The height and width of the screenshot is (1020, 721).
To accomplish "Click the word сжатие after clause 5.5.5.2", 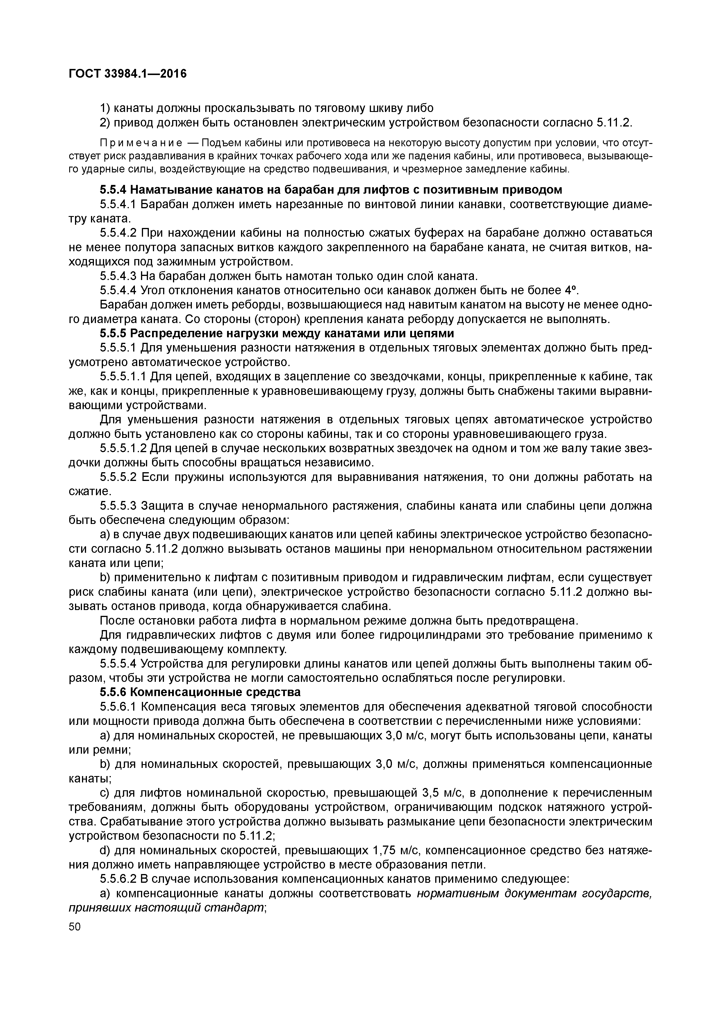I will (x=88, y=491).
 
